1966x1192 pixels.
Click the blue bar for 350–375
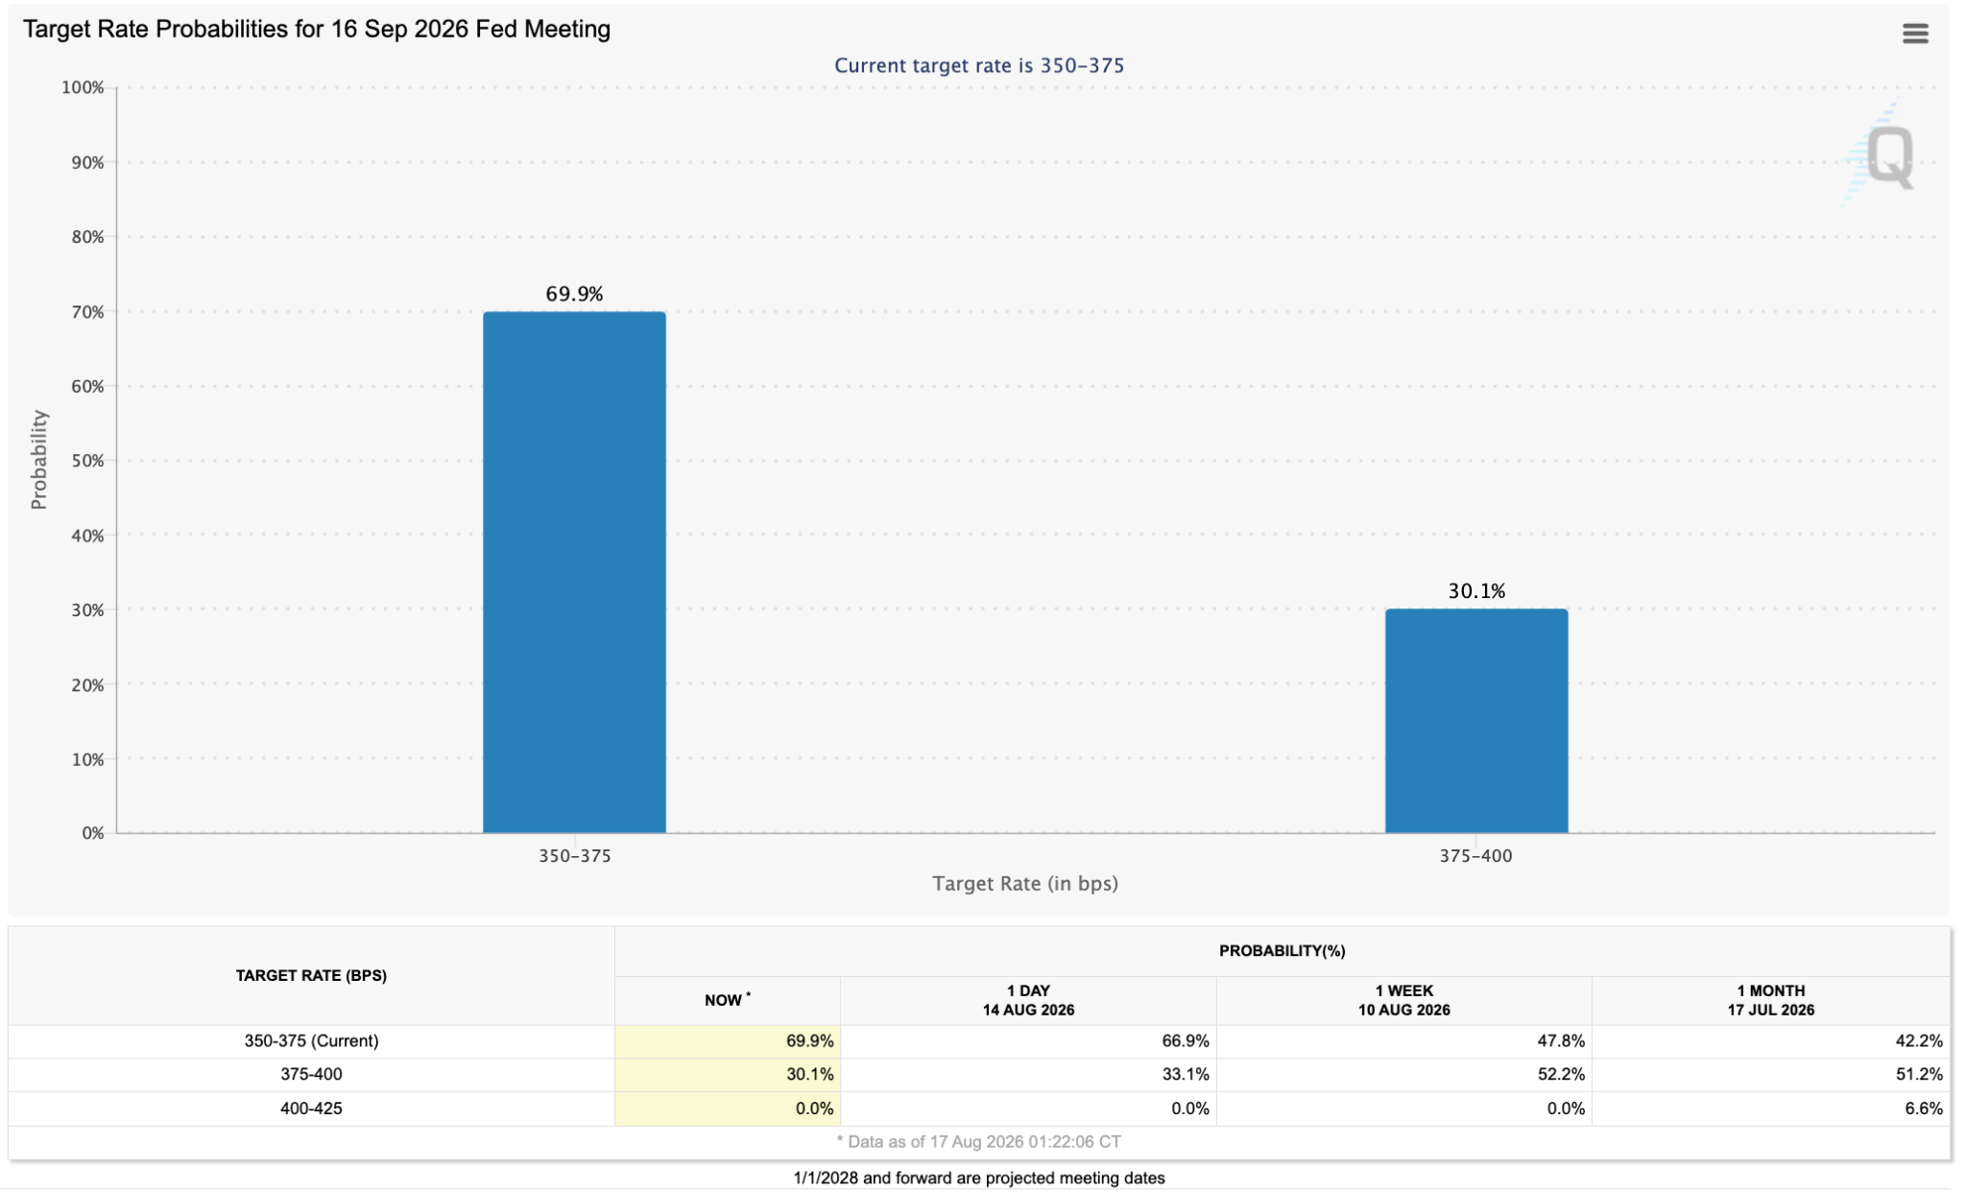coord(574,572)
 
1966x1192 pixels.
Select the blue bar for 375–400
coord(1476,721)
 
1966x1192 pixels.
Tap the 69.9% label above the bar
coord(574,294)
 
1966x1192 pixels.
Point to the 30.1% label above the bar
coord(1476,591)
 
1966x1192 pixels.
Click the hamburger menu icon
coord(1915,34)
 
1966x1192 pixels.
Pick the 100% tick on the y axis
coord(83,87)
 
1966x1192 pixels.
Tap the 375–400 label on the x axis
coord(1475,856)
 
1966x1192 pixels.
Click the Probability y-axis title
coord(38,460)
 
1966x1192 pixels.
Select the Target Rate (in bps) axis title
coord(1025,883)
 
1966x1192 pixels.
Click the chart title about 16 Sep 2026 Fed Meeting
coord(317,29)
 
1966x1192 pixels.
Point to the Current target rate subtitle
coord(979,65)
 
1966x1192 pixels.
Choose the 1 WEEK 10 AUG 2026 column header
coord(1403,1000)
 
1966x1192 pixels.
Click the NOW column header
coord(728,1000)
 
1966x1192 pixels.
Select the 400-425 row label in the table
coord(311,1109)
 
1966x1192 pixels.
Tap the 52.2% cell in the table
coord(1561,1074)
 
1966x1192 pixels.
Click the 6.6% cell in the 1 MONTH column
coord(1924,1109)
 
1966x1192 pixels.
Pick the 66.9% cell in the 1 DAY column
coord(1186,1040)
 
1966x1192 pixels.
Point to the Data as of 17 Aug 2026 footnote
coord(979,1142)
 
